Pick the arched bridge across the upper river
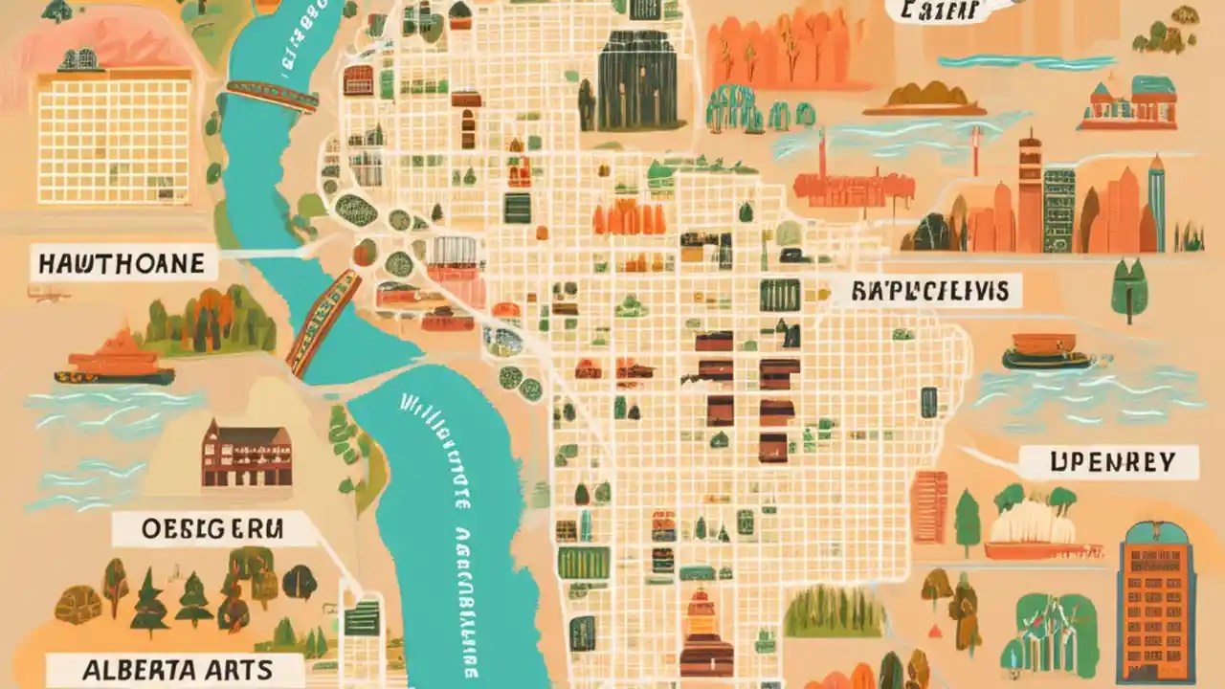(272, 96)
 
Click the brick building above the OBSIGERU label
(246, 456)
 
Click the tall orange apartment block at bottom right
(1157, 602)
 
